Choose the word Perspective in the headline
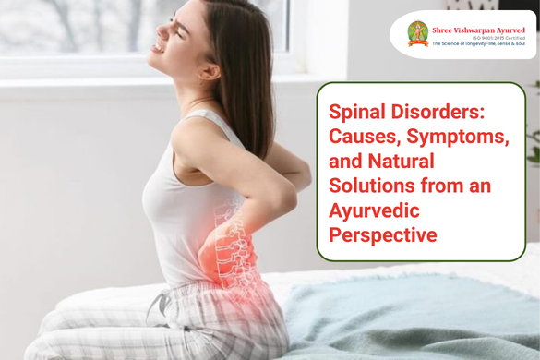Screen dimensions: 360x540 (383, 236)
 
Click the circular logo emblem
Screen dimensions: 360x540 (417, 34)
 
